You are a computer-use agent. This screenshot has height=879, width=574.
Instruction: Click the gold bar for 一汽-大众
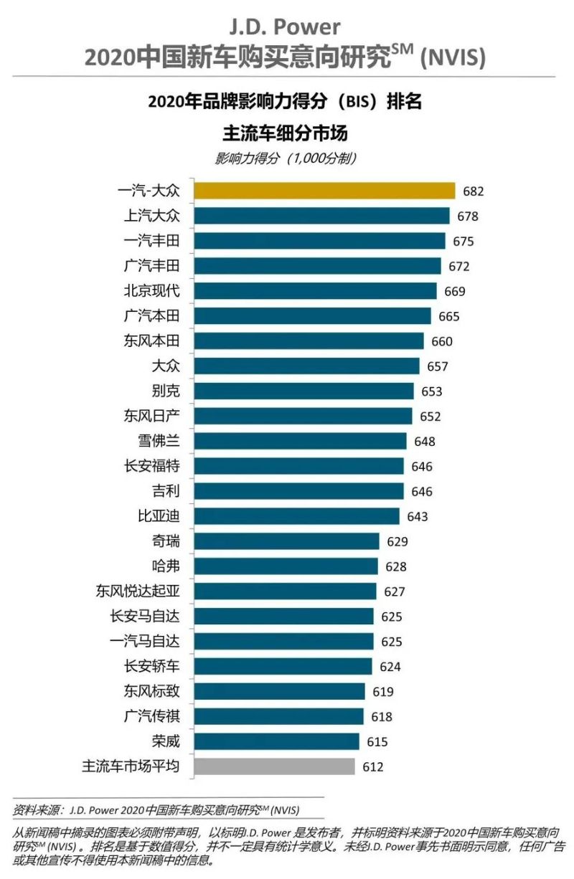[x=324, y=191]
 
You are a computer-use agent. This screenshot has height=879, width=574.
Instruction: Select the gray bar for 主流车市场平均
[x=274, y=766]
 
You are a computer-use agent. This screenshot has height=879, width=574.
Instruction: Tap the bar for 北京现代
[x=315, y=290]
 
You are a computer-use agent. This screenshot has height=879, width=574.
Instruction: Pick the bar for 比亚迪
[x=296, y=516]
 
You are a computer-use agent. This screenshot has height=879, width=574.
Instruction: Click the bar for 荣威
[x=276, y=741]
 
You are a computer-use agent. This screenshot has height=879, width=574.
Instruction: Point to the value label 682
[x=474, y=191]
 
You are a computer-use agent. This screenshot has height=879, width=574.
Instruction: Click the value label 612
[x=373, y=767]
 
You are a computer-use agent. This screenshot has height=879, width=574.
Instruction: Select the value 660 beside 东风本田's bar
[x=442, y=341]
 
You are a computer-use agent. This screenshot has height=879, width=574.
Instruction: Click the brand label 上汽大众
[x=151, y=216]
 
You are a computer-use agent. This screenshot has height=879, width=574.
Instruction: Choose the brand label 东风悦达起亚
[x=137, y=591]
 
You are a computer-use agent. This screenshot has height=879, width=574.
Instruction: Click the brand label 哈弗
[x=166, y=566]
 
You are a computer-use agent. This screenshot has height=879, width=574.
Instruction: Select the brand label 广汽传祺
[x=151, y=716]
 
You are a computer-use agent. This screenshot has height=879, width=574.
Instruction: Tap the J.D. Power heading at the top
[x=285, y=27]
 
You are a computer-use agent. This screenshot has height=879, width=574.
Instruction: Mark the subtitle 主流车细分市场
[x=286, y=133]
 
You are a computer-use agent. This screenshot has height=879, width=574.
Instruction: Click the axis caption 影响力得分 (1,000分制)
[x=286, y=159]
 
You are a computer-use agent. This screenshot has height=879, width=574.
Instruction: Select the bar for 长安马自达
[x=283, y=616]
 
